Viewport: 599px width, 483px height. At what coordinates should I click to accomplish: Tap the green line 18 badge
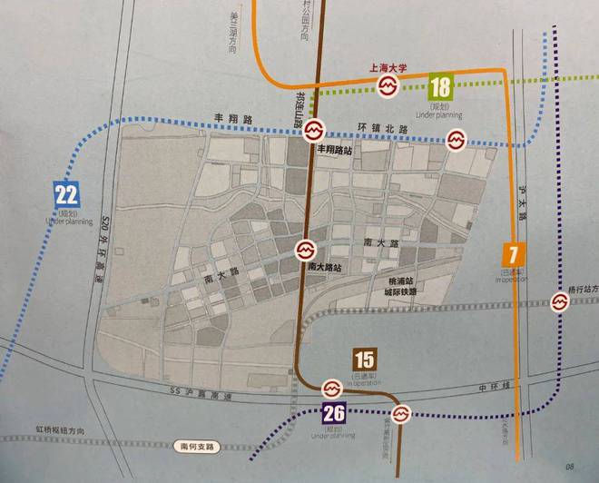[441, 87]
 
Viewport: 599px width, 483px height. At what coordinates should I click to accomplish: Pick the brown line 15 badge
[365, 360]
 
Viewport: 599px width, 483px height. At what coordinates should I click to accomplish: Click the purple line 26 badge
[334, 414]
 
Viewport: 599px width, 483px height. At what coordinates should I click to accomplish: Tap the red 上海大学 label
[386, 67]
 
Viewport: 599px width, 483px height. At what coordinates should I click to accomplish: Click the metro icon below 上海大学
[387, 86]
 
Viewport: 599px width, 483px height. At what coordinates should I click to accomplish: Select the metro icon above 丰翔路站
[311, 130]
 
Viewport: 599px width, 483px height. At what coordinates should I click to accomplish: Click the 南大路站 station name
[324, 268]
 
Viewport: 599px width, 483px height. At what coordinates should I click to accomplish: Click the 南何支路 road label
[196, 447]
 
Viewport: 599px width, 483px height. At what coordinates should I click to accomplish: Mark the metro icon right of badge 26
[402, 414]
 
